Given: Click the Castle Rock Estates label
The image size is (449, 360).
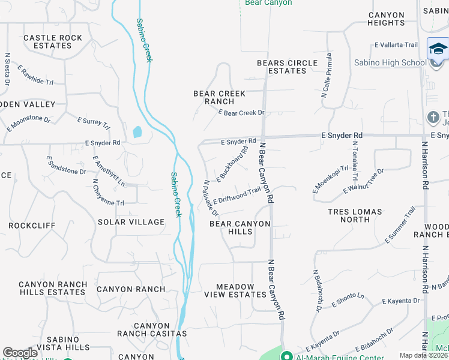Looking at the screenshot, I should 53,41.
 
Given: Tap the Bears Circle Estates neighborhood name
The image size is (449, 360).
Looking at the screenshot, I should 287,67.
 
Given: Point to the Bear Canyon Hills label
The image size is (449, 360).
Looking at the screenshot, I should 240,227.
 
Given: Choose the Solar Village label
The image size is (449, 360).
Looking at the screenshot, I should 131,222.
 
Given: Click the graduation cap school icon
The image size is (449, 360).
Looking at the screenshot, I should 438,49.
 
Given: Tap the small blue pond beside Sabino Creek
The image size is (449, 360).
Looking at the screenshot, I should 137,131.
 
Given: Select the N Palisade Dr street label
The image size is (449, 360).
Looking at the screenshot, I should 210,199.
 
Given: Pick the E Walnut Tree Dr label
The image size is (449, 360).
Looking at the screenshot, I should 363,181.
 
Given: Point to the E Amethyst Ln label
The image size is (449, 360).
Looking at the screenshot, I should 109,171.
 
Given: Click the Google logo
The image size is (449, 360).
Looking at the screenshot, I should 20,353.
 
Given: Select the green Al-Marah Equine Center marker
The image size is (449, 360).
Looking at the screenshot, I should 286,356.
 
